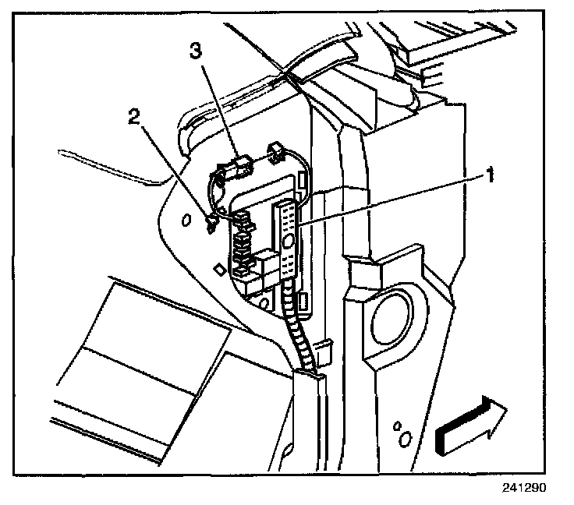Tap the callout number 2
pyautogui.click(x=134, y=118)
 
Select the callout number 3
pyautogui.click(x=197, y=52)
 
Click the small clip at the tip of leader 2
pyautogui.click(x=209, y=225)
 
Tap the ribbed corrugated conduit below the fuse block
pyautogui.click(x=299, y=327)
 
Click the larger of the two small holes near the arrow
pyautogui.click(x=403, y=440)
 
